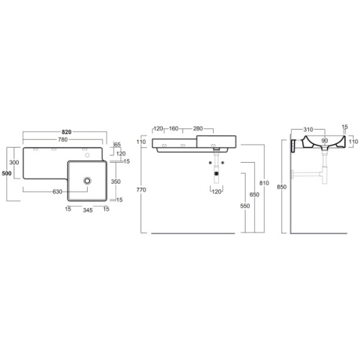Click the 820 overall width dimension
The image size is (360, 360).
click(66, 132)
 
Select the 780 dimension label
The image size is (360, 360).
click(63, 140)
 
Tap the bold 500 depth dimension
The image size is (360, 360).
click(6, 174)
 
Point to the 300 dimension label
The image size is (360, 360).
click(14, 162)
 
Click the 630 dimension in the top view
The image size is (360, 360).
click(58, 192)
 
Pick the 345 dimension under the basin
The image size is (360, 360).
click(88, 210)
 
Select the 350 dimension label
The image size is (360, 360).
click(116, 181)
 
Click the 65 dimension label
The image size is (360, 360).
click(117, 145)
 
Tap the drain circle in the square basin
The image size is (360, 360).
click(87, 181)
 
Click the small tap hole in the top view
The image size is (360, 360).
click(87, 156)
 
